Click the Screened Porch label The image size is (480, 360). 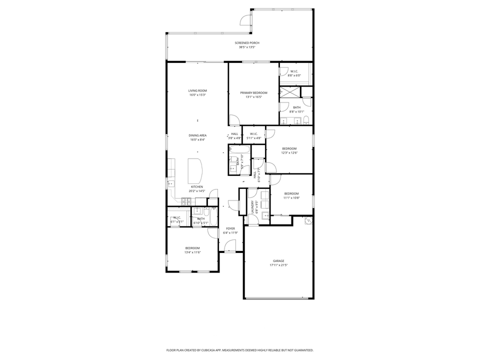(247, 43)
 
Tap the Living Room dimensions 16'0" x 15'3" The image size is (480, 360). (197, 95)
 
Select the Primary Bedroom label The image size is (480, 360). (253, 93)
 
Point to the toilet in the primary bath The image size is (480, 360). (307, 119)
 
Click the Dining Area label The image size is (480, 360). (197, 135)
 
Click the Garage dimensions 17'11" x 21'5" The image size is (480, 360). (278, 265)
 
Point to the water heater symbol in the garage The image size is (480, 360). (307, 220)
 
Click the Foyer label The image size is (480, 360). (230, 228)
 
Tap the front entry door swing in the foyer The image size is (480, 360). (230, 245)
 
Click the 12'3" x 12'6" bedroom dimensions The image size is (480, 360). (289, 153)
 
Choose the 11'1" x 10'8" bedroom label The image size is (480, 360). (291, 193)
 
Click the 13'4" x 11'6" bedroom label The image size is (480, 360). (192, 248)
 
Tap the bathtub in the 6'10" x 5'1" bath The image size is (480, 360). (213, 217)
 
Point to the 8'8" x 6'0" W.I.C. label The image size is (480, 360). (294, 71)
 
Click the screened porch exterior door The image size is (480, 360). (245, 20)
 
